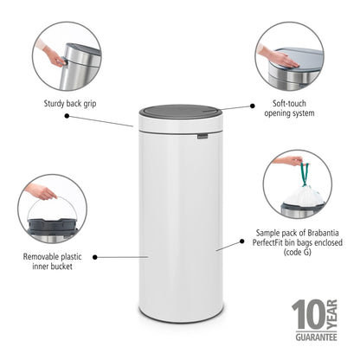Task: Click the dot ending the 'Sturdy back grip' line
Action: [132, 126]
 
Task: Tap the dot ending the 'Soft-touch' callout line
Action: [253, 106]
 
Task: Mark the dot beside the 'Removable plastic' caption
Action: [94, 256]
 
